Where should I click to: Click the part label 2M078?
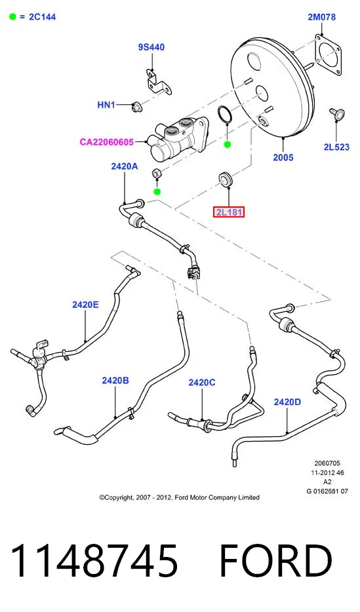(x=321, y=17)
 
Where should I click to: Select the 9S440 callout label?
(x=151, y=47)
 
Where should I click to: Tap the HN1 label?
(x=106, y=105)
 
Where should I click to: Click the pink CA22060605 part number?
(x=107, y=142)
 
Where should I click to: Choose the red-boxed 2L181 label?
(x=229, y=212)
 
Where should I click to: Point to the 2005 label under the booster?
(x=283, y=157)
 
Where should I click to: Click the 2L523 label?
(x=336, y=147)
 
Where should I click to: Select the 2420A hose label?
(x=125, y=166)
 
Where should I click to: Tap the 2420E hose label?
(x=85, y=305)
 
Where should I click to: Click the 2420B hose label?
(x=115, y=380)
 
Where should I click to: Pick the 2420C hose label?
(x=202, y=383)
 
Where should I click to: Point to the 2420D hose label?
(x=287, y=402)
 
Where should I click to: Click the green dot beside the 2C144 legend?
(x=13, y=17)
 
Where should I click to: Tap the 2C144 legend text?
(x=43, y=17)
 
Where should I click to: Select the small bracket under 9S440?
(x=158, y=82)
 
